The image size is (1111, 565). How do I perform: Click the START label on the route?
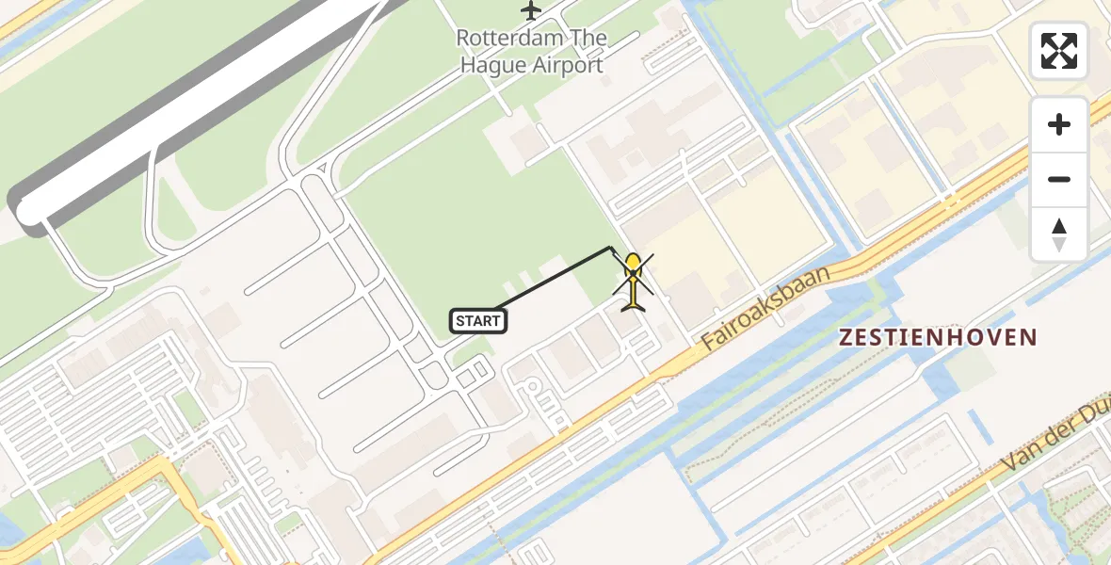click(478, 321)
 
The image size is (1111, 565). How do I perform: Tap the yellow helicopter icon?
click(634, 282)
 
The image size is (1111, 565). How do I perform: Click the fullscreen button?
click(1059, 51)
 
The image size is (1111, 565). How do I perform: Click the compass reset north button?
click(1059, 234)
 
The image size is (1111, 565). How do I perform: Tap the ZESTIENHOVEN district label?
click(938, 337)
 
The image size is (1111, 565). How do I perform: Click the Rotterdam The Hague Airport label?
click(530, 52)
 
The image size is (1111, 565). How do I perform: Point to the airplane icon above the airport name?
click(531, 11)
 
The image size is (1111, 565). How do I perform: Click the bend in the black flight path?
click(611, 248)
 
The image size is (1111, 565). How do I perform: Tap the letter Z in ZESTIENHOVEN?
click(845, 337)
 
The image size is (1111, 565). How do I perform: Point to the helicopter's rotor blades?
click(634, 275)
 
